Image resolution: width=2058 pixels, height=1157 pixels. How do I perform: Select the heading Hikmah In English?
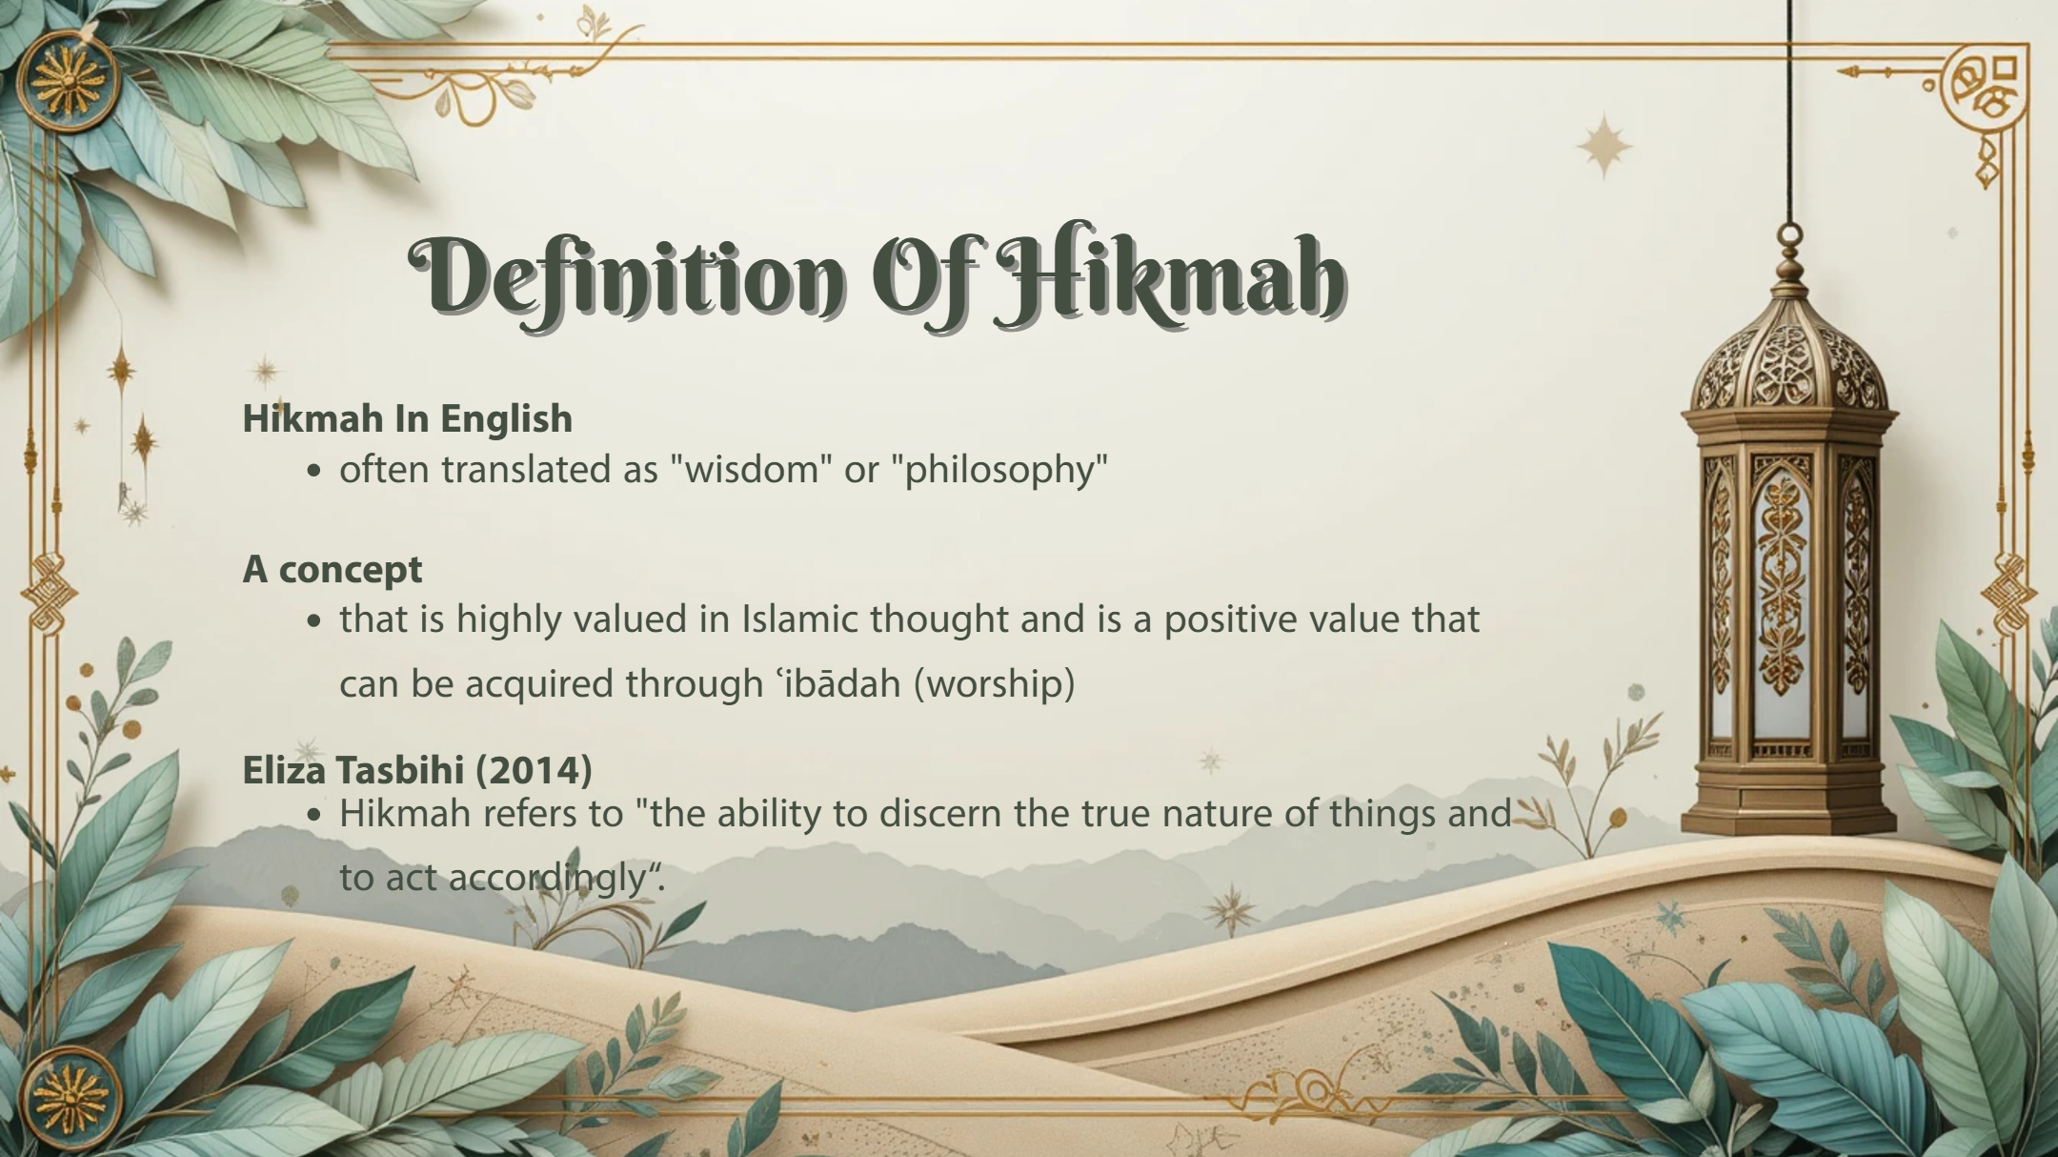click(408, 418)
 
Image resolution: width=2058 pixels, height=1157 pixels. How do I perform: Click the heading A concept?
click(333, 570)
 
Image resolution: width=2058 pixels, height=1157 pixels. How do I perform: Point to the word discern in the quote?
click(930, 814)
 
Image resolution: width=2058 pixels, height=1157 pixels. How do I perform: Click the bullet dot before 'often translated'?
click(315, 471)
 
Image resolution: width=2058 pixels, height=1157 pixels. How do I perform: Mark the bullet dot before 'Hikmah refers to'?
click(315, 816)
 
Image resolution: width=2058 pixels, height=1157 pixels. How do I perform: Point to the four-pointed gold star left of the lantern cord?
click(1604, 147)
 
